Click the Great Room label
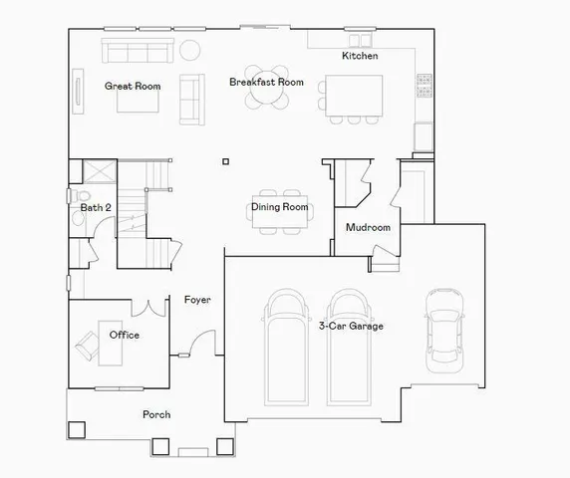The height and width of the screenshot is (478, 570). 133,87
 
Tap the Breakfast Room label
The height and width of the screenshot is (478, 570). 266,82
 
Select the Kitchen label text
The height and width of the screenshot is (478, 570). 360,57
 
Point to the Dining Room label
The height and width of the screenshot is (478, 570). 279,207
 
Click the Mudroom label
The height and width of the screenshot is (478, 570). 367,228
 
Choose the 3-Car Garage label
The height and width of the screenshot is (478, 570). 351,326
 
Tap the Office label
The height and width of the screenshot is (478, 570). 125,335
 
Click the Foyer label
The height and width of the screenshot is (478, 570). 197,300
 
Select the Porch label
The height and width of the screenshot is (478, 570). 156,414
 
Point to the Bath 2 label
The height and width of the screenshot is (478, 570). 96,207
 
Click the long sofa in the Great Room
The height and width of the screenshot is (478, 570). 137,51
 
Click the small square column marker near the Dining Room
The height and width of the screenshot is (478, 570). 226,161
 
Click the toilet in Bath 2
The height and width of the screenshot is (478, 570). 83,196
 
